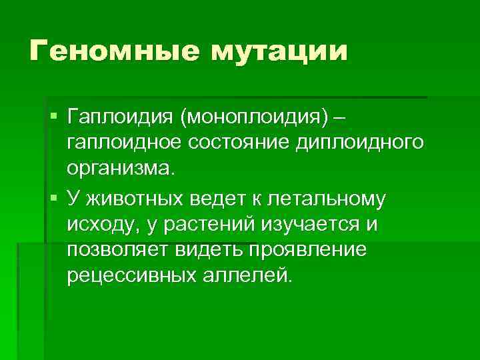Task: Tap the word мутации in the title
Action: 280,51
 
